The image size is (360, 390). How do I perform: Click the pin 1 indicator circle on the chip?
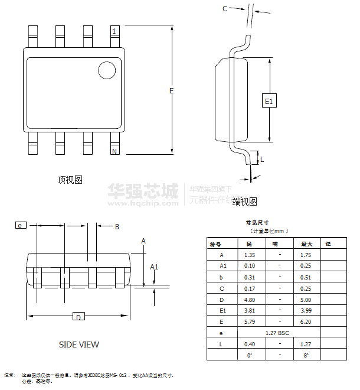pyautogui.click(x=107, y=70)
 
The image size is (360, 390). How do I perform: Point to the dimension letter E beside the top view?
pyautogui.click(x=171, y=90)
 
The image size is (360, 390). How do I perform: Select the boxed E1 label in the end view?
pyautogui.click(x=269, y=101)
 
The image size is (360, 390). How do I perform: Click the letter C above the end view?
pyautogui.click(x=225, y=8)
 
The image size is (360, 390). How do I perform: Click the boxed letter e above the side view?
pyautogui.click(x=20, y=225)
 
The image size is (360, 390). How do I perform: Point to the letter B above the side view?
pyautogui.click(x=117, y=226)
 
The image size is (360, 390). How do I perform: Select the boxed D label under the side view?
pyautogui.click(x=77, y=317)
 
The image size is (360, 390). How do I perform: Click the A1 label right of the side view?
pyautogui.click(x=154, y=267)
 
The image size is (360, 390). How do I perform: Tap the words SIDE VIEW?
pyautogui.click(x=79, y=344)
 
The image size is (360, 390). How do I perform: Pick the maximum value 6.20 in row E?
pyautogui.click(x=306, y=322)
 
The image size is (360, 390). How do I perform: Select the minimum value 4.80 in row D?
pyautogui.click(x=250, y=300)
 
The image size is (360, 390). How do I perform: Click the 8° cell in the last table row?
pyautogui.click(x=306, y=355)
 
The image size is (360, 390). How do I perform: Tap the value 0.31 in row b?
pyautogui.click(x=250, y=277)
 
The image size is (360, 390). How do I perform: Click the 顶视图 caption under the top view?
pyautogui.click(x=70, y=180)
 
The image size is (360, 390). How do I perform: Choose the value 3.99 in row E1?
pyautogui.click(x=306, y=311)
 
